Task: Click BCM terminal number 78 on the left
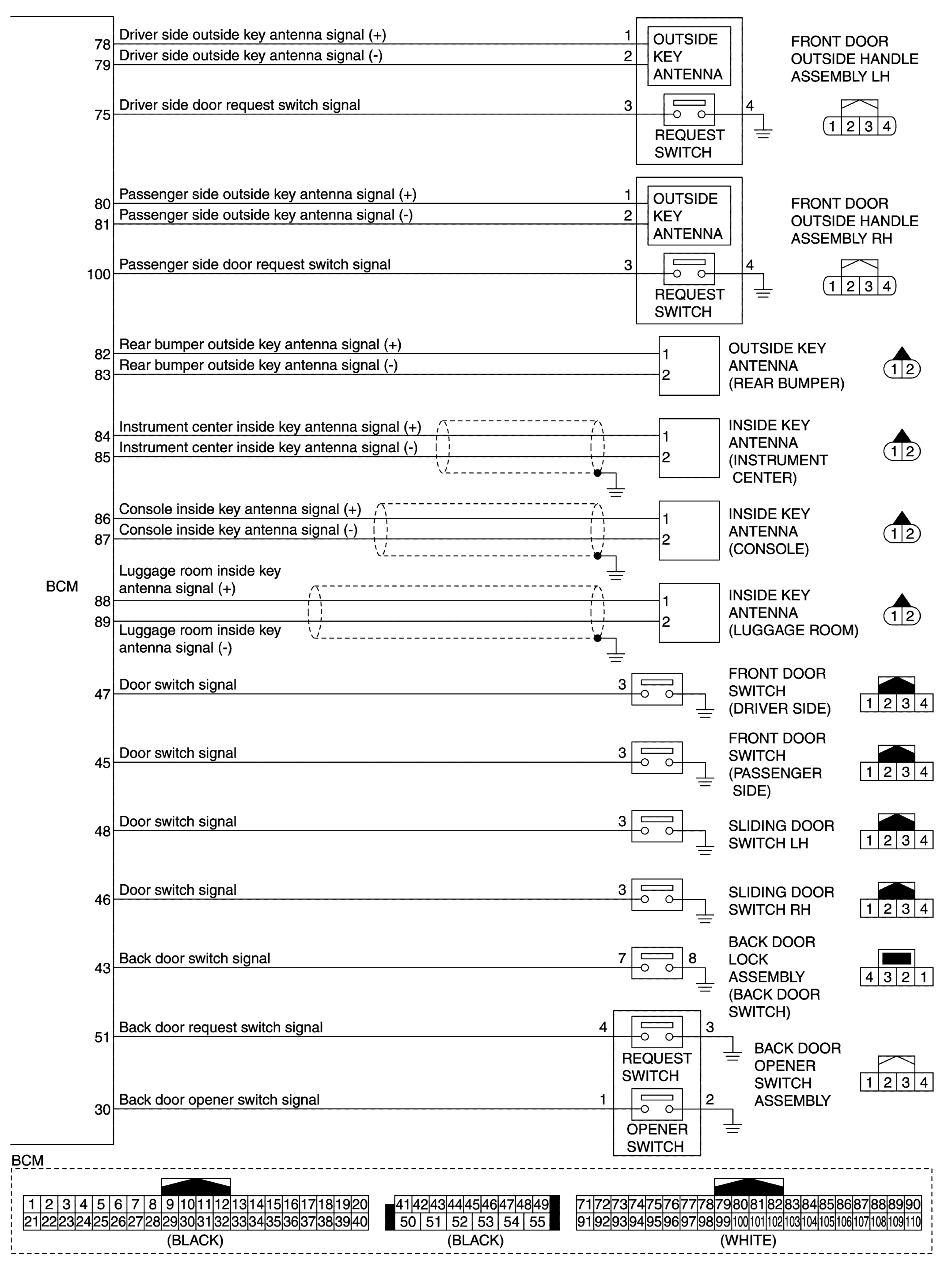[x=102, y=45]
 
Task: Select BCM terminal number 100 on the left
[x=99, y=274]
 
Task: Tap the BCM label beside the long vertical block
[x=61, y=586]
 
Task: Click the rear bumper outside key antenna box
[x=689, y=365]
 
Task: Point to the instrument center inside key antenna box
[x=689, y=448]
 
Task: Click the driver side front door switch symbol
[x=657, y=690]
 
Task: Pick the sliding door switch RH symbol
[x=657, y=895]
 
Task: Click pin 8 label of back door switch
[x=692, y=958]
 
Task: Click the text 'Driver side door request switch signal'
[x=239, y=105]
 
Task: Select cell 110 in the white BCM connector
[x=913, y=1222]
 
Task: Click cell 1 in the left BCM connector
[x=32, y=1204]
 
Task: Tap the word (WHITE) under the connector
[x=748, y=1240]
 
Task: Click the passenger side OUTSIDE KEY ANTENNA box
[x=689, y=216]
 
